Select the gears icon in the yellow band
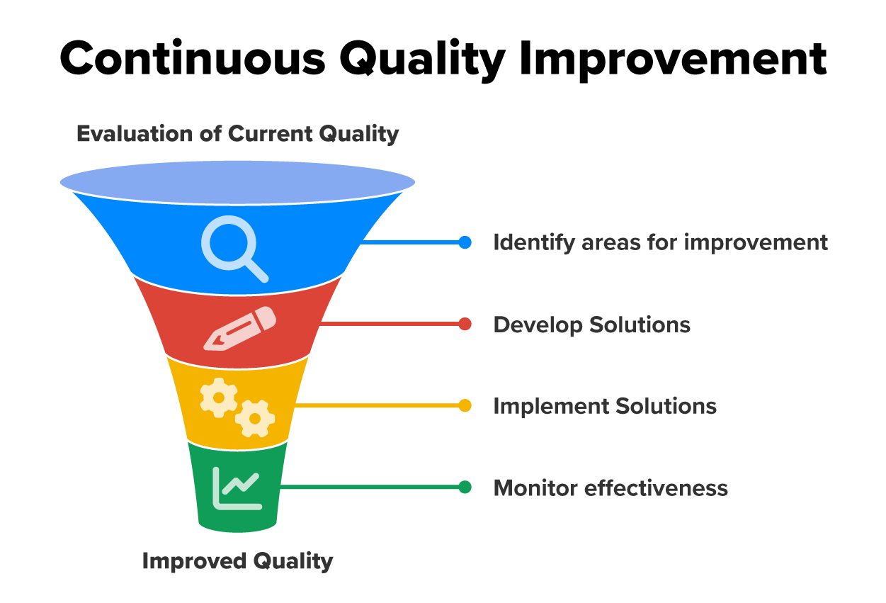237,407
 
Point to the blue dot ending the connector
465,242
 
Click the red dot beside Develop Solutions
465,325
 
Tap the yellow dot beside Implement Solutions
465,406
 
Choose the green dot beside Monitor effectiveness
465,487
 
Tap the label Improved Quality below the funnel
237,561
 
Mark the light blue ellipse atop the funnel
237,180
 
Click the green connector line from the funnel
368,487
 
